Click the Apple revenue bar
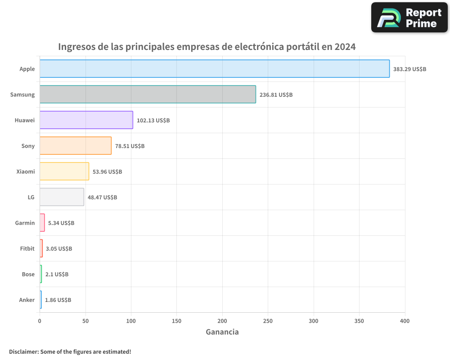click(215, 69)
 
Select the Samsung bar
click(148, 94)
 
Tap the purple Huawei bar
click(86, 120)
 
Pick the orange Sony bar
click(76, 146)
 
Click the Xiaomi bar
click(64, 171)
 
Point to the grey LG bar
click(62, 197)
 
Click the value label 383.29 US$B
click(409, 69)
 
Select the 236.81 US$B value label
click(276, 95)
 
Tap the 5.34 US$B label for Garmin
click(61, 223)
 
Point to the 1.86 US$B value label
click(58, 300)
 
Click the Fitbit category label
click(27, 249)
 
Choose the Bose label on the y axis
click(28, 274)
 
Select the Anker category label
click(27, 300)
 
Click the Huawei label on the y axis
click(24, 121)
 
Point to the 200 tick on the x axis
click(222, 321)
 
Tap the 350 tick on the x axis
click(359, 321)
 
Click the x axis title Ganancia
click(222, 332)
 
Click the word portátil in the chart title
click(302, 47)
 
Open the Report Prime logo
click(409, 18)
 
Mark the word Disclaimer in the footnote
click(23, 351)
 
